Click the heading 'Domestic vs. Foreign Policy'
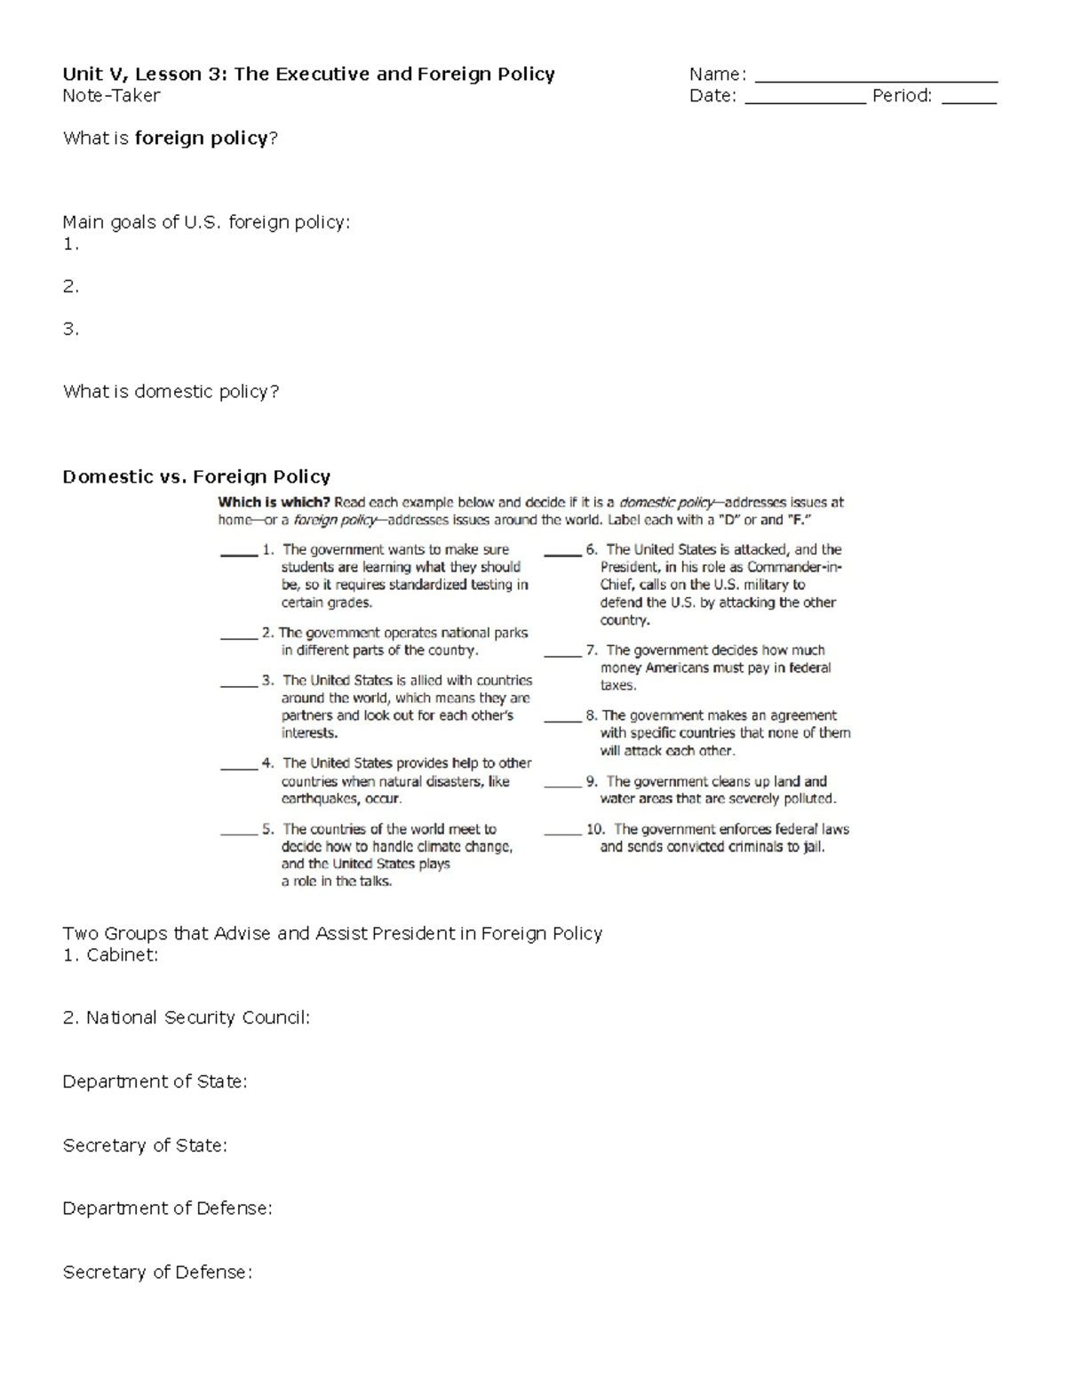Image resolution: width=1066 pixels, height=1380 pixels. pos(196,477)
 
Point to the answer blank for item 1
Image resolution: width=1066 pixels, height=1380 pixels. pos(238,554)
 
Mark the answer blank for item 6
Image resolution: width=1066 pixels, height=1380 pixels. pos(562,554)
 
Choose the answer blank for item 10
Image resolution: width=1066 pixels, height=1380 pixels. pos(562,833)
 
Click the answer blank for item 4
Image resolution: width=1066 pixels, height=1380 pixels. pos(238,767)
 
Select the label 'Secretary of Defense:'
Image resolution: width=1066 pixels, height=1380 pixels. pos(157,1272)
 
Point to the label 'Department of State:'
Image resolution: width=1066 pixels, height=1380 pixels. pos(155,1081)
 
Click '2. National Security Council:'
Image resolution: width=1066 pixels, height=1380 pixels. pos(187,1017)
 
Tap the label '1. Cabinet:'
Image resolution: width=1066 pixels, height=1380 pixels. pos(110,955)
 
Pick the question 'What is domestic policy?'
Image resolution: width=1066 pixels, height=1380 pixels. pos(171,392)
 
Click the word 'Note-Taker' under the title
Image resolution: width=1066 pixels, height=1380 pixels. pos(111,96)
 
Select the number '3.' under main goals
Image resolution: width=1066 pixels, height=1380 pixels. pos(71,329)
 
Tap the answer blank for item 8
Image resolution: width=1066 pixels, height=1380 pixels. pos(562,720)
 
